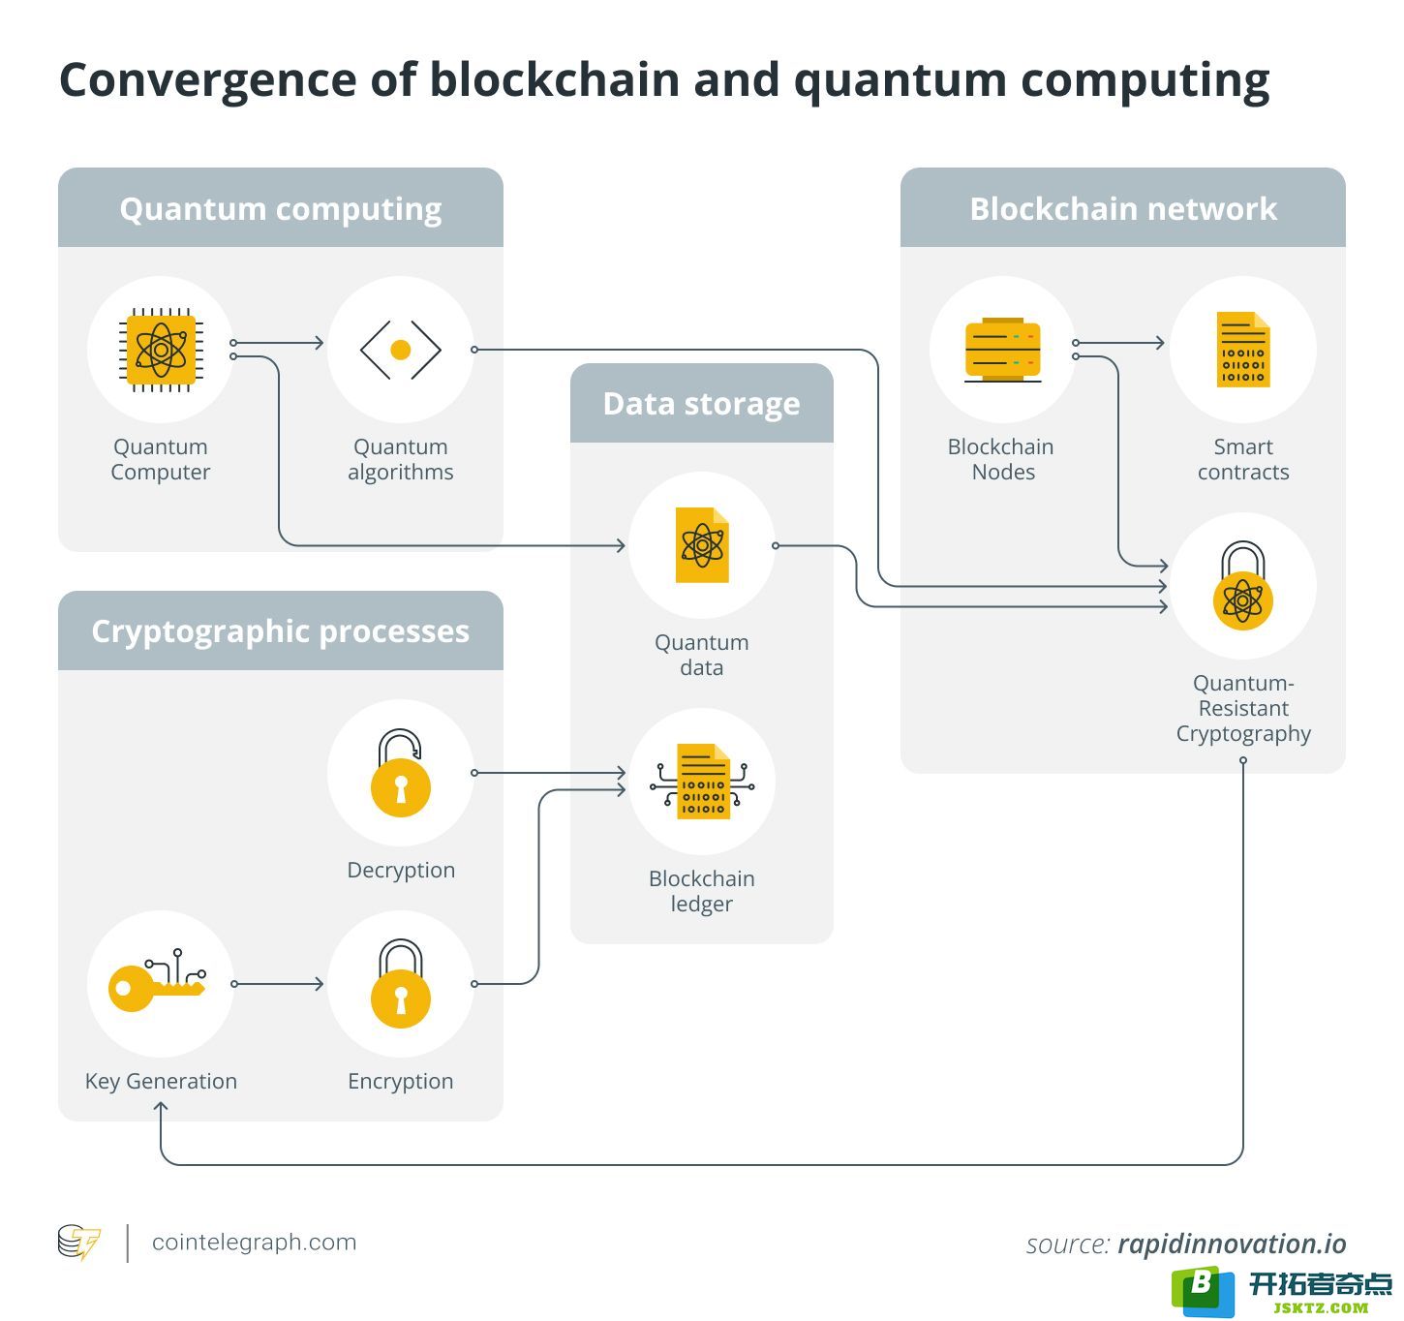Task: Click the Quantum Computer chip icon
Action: tap(161, 350)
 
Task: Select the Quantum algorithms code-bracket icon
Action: tap(400, 350)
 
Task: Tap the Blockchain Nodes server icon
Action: tap(1002, 350)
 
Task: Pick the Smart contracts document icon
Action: tap(1243, 350)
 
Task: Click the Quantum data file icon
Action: tap(702, 544)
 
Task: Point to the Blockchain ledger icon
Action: tap(702, 782)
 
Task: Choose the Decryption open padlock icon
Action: tap(400, 773)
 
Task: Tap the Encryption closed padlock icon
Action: tap(400, 983)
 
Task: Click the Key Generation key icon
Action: tap(157, 980)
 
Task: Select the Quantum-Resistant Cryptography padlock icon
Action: tap(1243, 586)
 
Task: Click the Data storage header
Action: tap(701, 404)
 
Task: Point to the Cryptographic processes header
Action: tap(280, 630)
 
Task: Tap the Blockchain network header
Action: tap(1122, 208)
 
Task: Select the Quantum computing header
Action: tap(280, 208)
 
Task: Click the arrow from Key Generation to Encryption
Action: tap(277, 984)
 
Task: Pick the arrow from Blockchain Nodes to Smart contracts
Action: tap(1119, 343)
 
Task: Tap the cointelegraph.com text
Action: tap(254, 1242)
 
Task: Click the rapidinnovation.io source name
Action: tap(1232, 1244)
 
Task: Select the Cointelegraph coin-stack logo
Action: tap(79, 1243)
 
